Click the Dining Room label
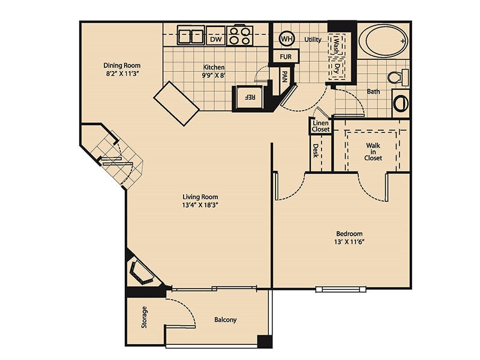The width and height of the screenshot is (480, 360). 121,65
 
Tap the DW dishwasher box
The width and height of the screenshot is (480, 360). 216,39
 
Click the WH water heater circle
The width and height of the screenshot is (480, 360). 287,39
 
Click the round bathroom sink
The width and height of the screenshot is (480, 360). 401,103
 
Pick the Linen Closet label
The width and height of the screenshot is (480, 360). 320,126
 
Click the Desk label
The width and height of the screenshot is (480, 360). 315,152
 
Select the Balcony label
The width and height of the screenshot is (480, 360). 226,320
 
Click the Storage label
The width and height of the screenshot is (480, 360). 144,317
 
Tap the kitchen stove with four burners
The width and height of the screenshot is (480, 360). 240,36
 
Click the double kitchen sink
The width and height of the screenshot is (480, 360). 192,36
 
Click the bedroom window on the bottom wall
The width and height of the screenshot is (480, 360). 340,289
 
